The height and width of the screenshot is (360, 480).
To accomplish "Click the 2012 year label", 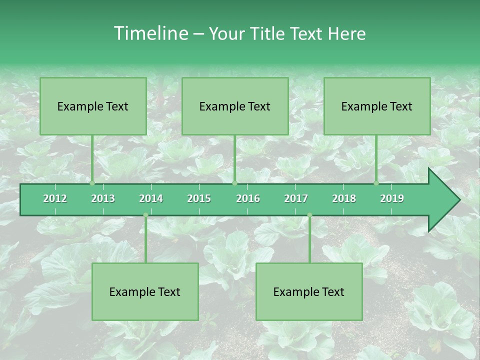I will pyautogui.click(x=55, y=198).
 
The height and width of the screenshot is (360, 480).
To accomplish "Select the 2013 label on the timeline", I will pyautogui.click(x=103, y=198).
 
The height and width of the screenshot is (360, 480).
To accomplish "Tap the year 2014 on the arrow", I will pyautogui.click(x=151, y=198).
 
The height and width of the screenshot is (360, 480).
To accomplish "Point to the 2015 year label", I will pyautogui.click(x=199, y=198).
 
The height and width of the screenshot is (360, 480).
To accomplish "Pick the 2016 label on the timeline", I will pyautogui.click(x=248, y=198).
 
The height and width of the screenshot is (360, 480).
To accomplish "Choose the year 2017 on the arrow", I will pyautogui.click(x=296, y=198).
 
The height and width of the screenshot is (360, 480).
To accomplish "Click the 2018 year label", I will pyautogui.click(x=344, y=198).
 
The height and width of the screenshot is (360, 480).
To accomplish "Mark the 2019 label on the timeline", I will pyautogui.click(x=392, y=198).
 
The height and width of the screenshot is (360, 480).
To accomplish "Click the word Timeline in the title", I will pyautogui.click(x=150, y=33).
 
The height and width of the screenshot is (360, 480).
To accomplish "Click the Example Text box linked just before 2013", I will pyautogui.click(x=93, y=106).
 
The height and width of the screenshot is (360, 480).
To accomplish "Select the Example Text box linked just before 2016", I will pyautogui.click(x=235, y=106).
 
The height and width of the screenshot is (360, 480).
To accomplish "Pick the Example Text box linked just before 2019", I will pyautogui.click(x=377, y=106).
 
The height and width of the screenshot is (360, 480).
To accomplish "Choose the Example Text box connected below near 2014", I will pyautogui.click(x=145, y=291).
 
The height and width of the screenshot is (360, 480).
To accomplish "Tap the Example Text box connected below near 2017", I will pyautogui.click(x=309, y=291).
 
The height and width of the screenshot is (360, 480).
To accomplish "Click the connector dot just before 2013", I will pyautogui.click(x=92, y=183).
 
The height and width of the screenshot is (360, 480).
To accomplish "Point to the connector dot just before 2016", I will pyautogui.click(x=234, y=183).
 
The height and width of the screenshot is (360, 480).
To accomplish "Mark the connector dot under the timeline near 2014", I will pyautogui.click(x=145, y=215).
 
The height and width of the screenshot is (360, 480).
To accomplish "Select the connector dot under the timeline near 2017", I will pyautogui.click(x=309, y=215).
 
